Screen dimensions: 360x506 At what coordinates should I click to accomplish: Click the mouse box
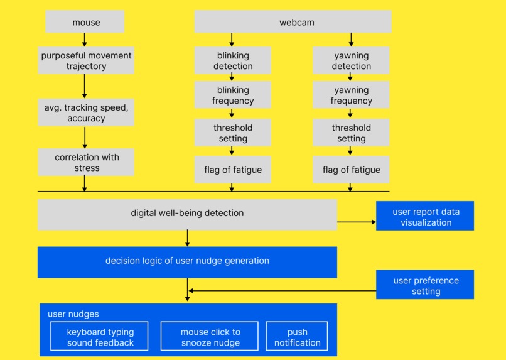pos(85,23)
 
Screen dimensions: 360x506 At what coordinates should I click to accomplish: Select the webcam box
pos(293,23)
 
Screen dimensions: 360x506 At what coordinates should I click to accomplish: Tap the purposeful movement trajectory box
pos(86,61)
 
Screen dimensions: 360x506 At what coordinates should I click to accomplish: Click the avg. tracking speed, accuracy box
pos(86,112)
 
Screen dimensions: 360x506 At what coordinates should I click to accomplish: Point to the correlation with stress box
pos(86,162)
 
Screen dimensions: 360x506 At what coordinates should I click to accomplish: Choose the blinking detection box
pos(233,61)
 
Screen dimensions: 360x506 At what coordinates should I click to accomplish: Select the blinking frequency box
pos(233,95)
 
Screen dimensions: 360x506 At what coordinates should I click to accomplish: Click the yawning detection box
pos(351,61)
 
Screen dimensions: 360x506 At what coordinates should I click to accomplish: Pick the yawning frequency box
pos(351,95)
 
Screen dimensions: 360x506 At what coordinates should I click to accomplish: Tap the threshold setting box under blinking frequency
pos(233,133)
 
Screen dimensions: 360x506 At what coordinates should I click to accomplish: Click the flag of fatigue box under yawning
pos(351,170)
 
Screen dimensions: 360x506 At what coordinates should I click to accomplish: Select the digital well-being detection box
pos(187,214)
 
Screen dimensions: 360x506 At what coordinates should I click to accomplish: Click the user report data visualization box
pos(425,217)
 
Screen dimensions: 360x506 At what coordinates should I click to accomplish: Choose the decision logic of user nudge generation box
pos(187,261)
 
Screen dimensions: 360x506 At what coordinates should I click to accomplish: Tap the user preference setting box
pos(425,285)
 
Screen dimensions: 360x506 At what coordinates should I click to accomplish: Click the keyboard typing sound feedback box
pos(100,337)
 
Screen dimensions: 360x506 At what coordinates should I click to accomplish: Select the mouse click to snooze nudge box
pos(210,337)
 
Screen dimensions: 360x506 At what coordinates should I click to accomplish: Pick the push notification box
pos(297,337)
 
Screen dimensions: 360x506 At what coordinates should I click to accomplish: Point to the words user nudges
pos(73,314)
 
